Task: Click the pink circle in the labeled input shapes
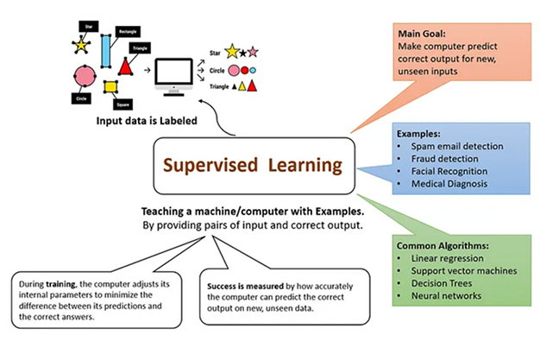coord(83,76)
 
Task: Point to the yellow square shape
coord(110,86)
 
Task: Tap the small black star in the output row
coord(243,54)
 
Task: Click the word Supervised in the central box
coord(207,163)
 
